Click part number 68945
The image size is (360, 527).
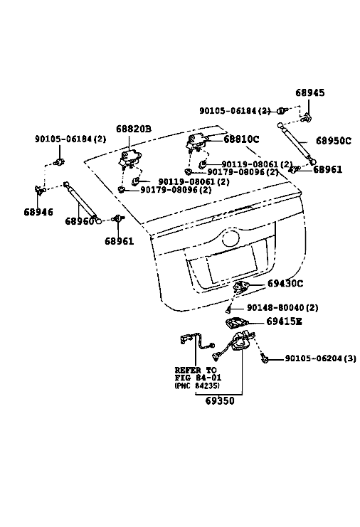point(310,92)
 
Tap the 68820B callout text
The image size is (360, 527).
point(134,129)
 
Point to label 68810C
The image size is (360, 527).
point(241,139)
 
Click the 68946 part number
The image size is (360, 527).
point(38,212)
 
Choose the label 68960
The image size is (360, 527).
point(80,221)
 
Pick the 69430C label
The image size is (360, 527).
point(285,284)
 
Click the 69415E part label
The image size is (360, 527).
point(284,321)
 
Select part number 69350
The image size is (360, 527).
point(220,401)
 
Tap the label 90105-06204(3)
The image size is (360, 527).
point(320,358)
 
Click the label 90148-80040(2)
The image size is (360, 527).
point(282,307)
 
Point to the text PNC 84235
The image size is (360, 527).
point(197,386)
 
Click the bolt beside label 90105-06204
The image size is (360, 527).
point(265,359)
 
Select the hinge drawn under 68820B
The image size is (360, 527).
point(129,158)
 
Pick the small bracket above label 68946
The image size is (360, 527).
point(41,190)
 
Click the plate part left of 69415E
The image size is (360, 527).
point(236,323)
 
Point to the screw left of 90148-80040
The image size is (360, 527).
point(228,308)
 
